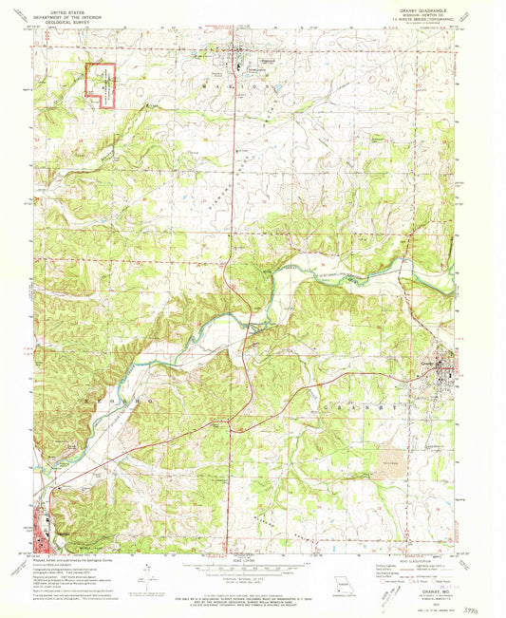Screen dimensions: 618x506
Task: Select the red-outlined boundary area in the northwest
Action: coord(102,81)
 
